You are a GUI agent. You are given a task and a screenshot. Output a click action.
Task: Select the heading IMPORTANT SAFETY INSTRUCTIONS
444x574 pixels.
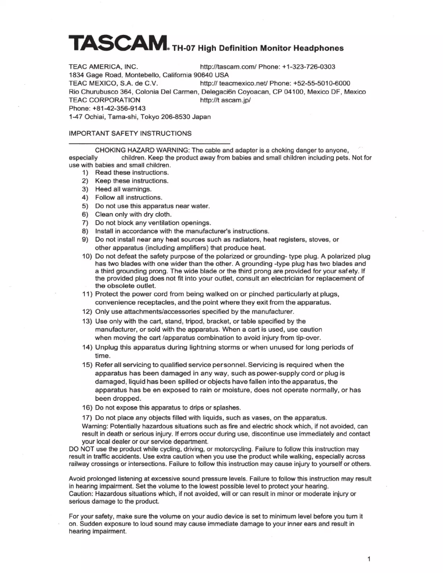(130, 133)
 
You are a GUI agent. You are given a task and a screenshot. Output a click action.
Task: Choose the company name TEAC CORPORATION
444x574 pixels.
(104, 100)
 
